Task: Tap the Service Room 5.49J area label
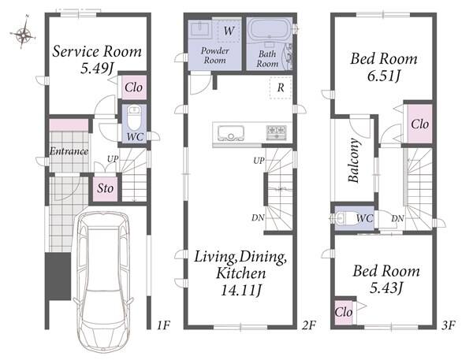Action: pos(97,60)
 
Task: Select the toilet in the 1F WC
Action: pos(134,118)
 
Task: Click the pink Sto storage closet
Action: pos(105,189)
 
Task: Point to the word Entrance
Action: pos(69,151)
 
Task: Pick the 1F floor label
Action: pos(164,325)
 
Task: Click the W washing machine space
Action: pos(229,30)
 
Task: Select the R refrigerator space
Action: pos(281,87)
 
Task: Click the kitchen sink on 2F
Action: pos(231,132)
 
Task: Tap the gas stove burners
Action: pos(276,132)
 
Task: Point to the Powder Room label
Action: pos(214,55)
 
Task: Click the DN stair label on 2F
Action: pos(258,217)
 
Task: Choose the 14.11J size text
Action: pos(241,291)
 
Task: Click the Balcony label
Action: pos(354,160)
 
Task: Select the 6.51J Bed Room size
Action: pos(384,76)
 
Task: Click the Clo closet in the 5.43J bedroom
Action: pos(344,312)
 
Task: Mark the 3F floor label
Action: pos(449,325)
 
